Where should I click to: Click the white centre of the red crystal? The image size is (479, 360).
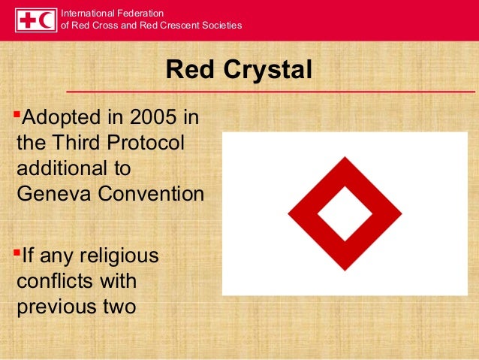[x=345, y=213]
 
